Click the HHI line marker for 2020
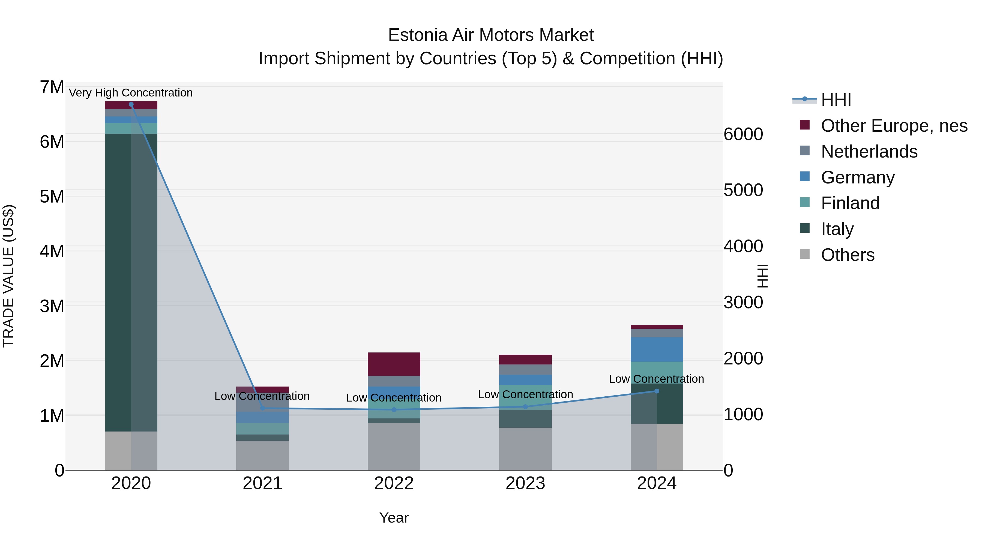click(131, 104)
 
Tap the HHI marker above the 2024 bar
click(657, 391)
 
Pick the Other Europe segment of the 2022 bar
click(394, 364)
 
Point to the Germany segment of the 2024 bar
click(657, 349)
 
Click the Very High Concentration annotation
click(131, 93)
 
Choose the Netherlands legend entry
click(869, 152)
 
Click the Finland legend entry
click(850, 203)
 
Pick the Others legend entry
click(848, 255)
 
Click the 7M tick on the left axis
click(52, 87)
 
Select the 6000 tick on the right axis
click(743, 134)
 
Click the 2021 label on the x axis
click(262, 483)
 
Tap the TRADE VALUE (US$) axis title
click(9, 276)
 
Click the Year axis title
click(394, 518)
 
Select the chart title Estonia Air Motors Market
click(491, 35)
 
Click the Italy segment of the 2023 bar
click(525, 419)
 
